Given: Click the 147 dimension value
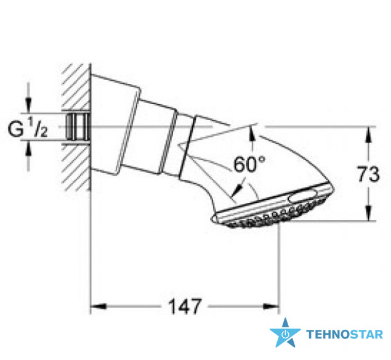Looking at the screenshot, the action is pyautogui.click(x=185, y=306).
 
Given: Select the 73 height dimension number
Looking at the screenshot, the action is pyautogui.click(x=368, y=174).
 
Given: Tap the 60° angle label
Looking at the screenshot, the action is pyautogui.click(x=249, y=164).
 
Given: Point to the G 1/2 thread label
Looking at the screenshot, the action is pyautogui.click(x=28, y=128).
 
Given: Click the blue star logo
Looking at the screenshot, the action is pyautogui.click(x=285, y=333).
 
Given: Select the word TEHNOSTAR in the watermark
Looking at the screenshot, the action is pyautogui.click(x=344, y=334).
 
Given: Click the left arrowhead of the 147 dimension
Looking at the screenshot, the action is pyautogui.click(x=99, y=306).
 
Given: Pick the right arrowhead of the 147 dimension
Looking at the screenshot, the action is pyautogui.click(x=271, y=306).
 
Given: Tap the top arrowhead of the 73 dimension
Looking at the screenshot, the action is pyautogui.click(x=369, y=135).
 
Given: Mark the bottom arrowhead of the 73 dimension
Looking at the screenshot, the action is pyautogui.click(x=369, y=213).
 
